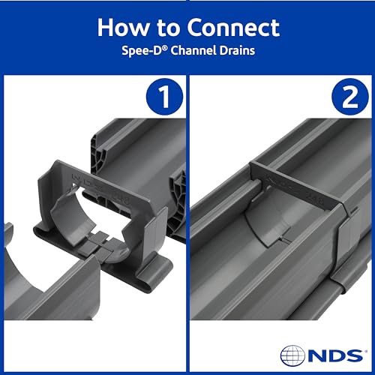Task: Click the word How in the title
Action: pyautogui.click(x=121, y=27)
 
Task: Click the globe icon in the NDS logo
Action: pyautogui.click(x=294, y=354)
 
